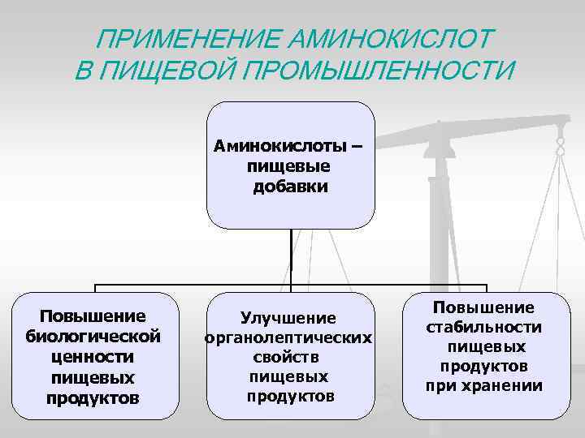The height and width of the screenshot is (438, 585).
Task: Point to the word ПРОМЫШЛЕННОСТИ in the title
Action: coord(379,71)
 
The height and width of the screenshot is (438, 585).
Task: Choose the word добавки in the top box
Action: coord(290,187)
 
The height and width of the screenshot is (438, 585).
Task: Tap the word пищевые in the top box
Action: coord(290,167)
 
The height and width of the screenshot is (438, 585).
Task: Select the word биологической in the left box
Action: coord(93,336)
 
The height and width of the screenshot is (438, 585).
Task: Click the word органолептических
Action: coord(289,337)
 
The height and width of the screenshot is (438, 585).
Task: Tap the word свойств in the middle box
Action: coord(289,357)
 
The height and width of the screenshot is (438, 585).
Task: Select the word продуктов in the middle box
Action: coord(289,397)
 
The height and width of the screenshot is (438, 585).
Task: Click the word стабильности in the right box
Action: coord(483,327)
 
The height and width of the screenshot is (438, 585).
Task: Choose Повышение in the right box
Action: coord(483,307)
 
